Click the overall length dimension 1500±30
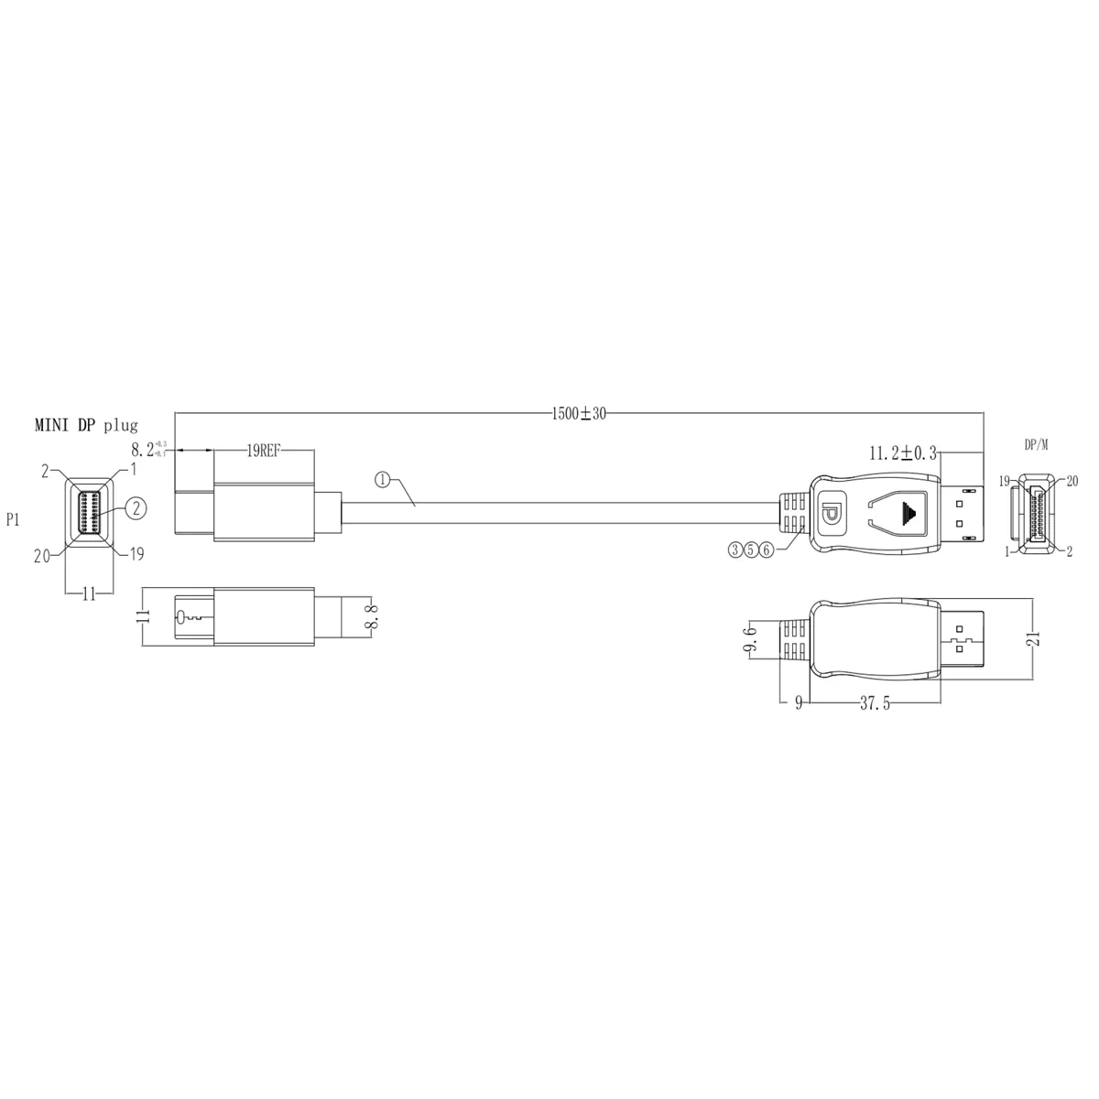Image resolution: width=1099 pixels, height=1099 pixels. (x=579, y=413)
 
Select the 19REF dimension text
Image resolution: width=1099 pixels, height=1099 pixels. (x=264, y=451)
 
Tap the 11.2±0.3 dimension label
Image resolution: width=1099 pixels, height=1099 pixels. (x=902, y=452)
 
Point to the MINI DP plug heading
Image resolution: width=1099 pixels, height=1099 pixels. (x=86, y=425)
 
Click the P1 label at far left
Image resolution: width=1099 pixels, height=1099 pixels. (x=15, y=519)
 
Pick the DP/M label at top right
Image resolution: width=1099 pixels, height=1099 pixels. (x=1036, y=445)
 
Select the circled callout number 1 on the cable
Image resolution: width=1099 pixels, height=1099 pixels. (x=382, y=479)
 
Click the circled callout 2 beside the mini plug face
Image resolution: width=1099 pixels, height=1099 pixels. (x=135, y=508)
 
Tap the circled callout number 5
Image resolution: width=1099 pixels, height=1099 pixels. (x=751, y=549)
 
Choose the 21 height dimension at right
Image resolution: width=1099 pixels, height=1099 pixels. (x=1034, y=639)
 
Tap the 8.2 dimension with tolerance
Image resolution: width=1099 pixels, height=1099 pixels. (x=146, y=451)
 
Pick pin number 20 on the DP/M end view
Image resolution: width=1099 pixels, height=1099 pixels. (x=1072, y=480)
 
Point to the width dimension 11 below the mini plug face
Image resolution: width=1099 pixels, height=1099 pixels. (x=89, y=594)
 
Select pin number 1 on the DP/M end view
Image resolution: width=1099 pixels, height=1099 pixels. (x=1006, y=551)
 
